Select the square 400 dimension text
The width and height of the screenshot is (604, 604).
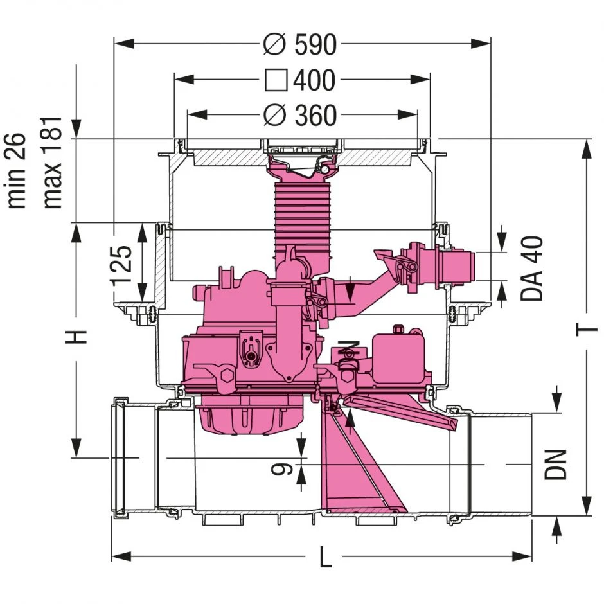[301, 80]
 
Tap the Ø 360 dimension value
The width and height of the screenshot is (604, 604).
[301, 116]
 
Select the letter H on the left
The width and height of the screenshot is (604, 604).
[78, 336]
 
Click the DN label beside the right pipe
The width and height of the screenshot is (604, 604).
[556, 464]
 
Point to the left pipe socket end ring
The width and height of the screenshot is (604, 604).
[120, 457]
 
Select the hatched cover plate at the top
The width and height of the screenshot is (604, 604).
[225, 155]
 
